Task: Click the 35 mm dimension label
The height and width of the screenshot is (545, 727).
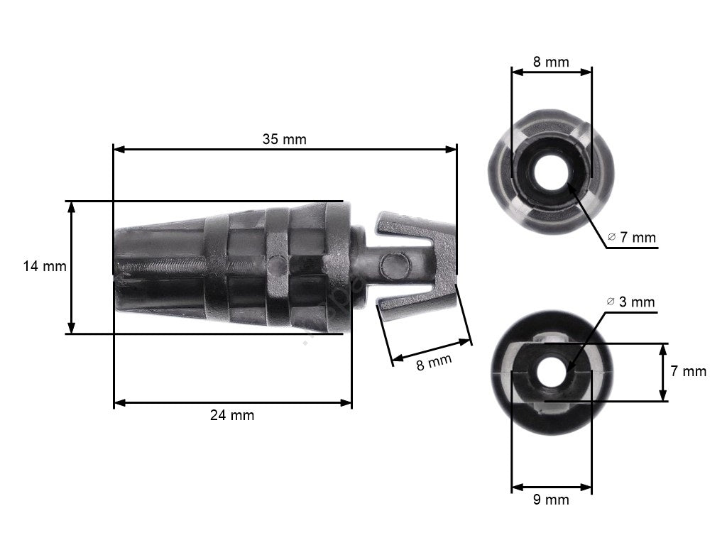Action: tap(284, 139)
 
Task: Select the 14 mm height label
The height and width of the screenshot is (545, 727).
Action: tap(45, 267)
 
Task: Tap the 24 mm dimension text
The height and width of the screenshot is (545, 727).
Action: tap(231, 416)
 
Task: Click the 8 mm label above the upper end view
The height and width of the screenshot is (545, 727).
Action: tap(551, 62)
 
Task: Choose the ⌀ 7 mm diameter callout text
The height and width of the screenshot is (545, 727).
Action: tap(632, 238)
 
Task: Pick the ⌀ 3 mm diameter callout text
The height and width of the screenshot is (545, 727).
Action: tap(630, 302)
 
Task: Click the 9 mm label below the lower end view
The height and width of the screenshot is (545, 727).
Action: tap(551, 500)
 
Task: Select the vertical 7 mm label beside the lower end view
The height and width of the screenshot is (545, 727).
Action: tap(689, 371)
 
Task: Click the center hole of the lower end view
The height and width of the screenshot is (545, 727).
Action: tap(551, 372)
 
